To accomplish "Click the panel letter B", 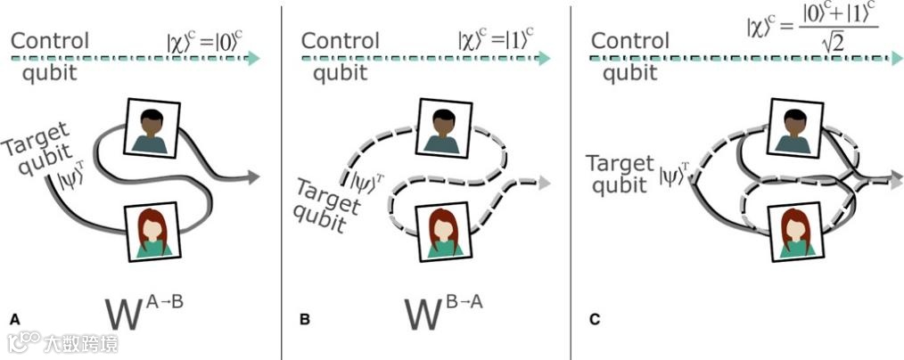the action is point(305,318).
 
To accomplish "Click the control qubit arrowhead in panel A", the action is point(255,58).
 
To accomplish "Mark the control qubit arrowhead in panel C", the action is point(894,58).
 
